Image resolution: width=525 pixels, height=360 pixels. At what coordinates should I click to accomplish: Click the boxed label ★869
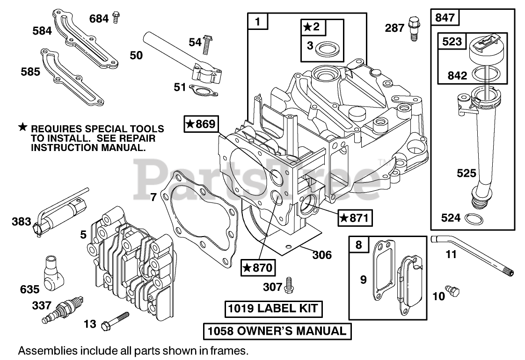(x=201, y=124)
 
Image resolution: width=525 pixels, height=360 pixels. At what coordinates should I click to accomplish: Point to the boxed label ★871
(x=355, y=217)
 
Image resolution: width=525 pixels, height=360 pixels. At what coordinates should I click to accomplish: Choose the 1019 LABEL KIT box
(x=272, y=309)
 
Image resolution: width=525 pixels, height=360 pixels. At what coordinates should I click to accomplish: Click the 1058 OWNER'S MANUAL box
(x=277, y=331)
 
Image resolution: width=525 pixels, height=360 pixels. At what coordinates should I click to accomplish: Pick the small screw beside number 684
(x=117, y=18)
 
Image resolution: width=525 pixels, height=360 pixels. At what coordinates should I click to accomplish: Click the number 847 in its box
(x=445, y=18)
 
